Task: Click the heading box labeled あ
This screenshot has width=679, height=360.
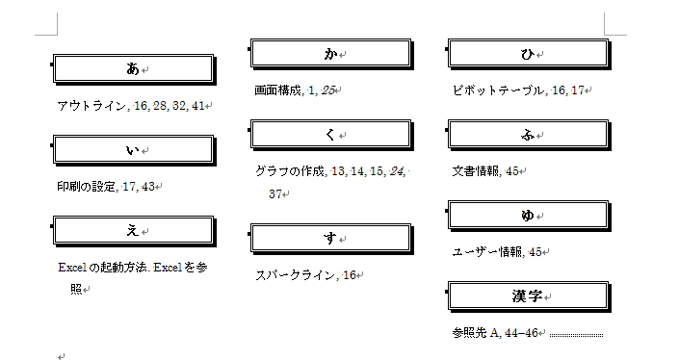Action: pos(134,69)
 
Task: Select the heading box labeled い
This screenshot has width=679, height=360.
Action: pos(134,150)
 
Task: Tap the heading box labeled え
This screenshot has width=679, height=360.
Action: pos(134,231)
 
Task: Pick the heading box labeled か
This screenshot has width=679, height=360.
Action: pos(331,54)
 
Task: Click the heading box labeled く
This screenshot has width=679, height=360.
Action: pos(331,135)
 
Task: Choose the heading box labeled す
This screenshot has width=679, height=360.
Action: pos(331,239)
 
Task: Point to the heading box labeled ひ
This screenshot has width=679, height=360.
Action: pos(529,54)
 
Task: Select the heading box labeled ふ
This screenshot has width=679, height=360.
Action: pos(529,135)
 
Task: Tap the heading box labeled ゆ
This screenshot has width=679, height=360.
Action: pos(529,216)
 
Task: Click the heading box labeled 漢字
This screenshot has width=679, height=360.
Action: pos(529,296)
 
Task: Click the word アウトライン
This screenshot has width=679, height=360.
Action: pos(92,106)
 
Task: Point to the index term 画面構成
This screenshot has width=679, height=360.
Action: pos(278,90)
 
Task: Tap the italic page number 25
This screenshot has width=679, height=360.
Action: pos(328,90)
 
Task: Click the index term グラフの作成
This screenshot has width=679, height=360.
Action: pos(290,171)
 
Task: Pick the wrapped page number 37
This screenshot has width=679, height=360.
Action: pos(275,193)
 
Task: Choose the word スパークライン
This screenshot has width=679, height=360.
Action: pos(296,275)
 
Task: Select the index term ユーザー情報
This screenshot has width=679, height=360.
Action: pos(487,252)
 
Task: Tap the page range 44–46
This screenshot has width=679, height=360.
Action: pos(521,333)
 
